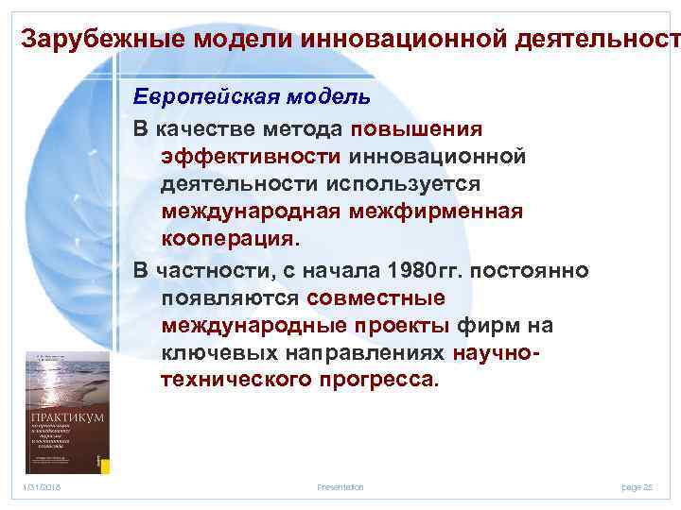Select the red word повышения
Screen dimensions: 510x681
416,127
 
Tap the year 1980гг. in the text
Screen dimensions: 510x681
426,271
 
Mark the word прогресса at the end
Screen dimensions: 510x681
386,381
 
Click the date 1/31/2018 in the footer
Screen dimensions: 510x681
42,487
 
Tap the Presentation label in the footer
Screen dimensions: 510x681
340,487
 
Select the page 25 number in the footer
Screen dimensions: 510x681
637,487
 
